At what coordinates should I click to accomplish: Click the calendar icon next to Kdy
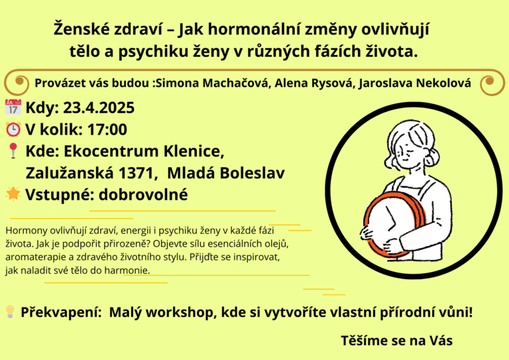click(x=13, y=107)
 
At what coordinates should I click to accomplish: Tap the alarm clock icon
click(x=13, y=129)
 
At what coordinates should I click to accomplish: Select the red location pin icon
click(x=13, y=150)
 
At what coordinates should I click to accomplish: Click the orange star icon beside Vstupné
click(x=13, y=194)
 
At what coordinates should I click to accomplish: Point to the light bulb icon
click(x=11, y=312)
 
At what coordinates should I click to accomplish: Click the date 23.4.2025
click(x=99, y=108)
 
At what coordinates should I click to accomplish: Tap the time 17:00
click(x=107, y=129)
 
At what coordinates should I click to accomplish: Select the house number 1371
click(x=136, y=173)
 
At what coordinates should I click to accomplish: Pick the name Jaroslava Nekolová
click(x=415, y=83)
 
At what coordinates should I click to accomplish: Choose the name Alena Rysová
click(x=313, y=83)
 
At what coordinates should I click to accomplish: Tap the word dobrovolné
click(x=143, y=195)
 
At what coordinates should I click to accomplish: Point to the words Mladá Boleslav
click(x=226, y=173)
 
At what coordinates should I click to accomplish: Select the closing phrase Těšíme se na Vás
click(x=397, y=341)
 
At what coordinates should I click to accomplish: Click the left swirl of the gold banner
click(x=16, y=82)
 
